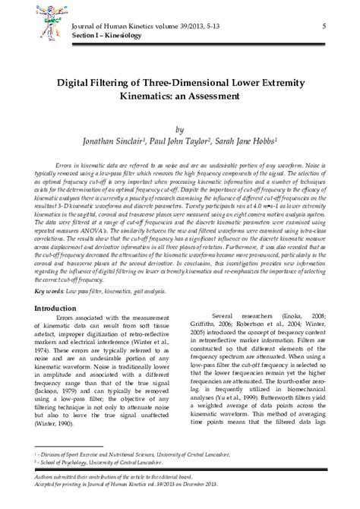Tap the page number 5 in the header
coord(324,26)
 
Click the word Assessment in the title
coord(216,96)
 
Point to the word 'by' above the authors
coord(179,129)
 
